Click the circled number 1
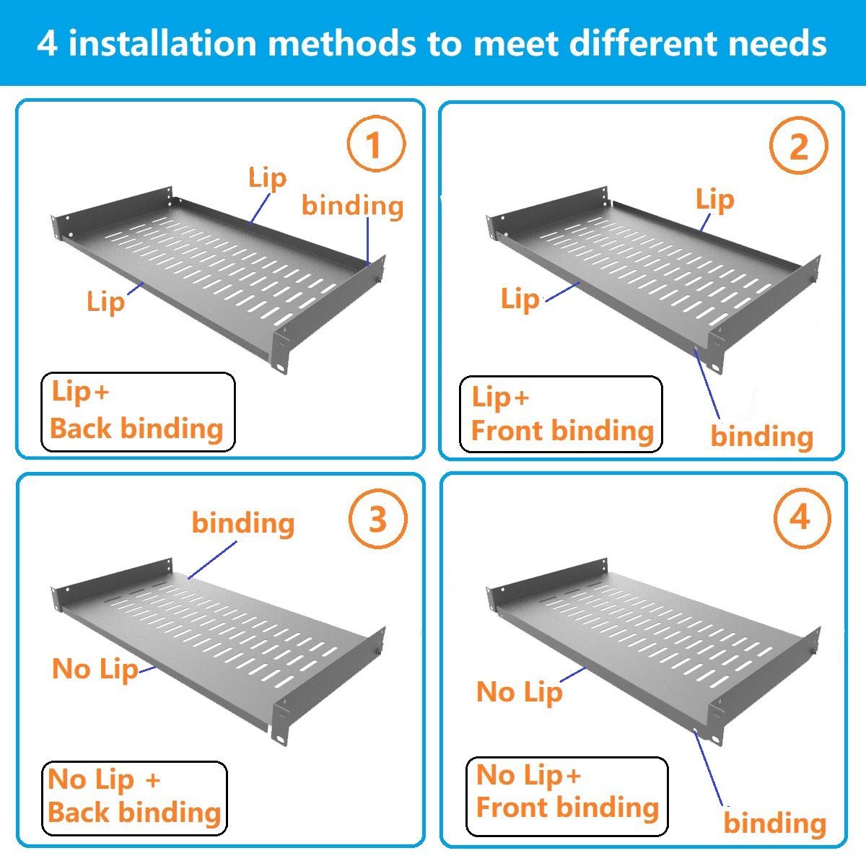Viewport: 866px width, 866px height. pos(375,145)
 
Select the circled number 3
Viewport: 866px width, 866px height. pos(377,520)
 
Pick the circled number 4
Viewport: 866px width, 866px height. pos(800,517)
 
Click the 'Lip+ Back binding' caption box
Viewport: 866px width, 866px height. pos(137,412)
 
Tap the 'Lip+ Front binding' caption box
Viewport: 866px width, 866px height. pos(561,414)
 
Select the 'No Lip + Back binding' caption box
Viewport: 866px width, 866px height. pos(134,797)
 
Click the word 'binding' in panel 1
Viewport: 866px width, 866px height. pos(352,206)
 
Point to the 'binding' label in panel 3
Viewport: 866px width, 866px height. pos(243,523)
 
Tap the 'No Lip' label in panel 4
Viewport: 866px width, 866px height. pos(519,693)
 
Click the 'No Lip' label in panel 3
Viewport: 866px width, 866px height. pos(95,670)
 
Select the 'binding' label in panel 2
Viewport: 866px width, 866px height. pos(762,437)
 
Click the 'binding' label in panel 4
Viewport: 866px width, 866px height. pos(774,823)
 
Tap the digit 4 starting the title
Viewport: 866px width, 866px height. pos(47,43)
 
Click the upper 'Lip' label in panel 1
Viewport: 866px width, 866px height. pos(267,178)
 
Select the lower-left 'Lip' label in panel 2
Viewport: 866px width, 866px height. pos(520,299)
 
